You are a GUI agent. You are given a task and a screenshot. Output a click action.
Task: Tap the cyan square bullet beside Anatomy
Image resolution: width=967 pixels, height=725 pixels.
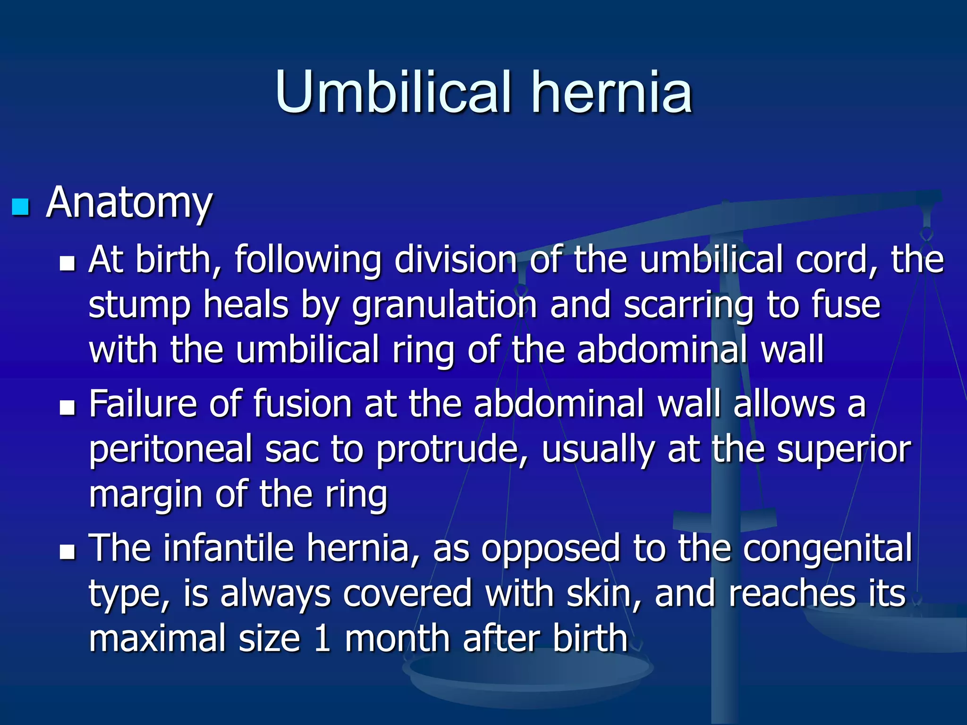tap(20, 207)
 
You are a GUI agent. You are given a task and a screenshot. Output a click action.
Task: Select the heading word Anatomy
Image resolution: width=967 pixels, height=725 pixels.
tap(129, 203)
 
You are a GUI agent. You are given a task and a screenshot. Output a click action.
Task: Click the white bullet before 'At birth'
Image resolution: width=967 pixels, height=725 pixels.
tap(68, 263)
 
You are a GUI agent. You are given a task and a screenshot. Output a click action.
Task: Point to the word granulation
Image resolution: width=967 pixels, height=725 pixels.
tap(444, 305)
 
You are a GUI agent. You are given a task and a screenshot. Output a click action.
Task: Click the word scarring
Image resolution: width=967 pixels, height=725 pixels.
tap(688, 305)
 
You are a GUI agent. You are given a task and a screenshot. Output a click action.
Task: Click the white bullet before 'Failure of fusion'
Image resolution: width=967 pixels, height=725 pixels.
tap(68, 408)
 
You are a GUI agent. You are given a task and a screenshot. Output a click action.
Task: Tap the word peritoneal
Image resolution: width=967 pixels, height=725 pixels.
tap(170, 449)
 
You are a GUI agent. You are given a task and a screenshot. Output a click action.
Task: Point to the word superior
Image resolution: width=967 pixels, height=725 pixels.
tap(844, 449)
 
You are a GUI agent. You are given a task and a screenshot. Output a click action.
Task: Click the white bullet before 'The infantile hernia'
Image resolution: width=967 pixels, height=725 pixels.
tap(68, 552)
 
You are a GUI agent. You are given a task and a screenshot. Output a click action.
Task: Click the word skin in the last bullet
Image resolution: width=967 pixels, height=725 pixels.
tap(603, 593)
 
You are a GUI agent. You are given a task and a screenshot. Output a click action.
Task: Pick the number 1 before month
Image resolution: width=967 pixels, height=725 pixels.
tap(322, 639)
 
